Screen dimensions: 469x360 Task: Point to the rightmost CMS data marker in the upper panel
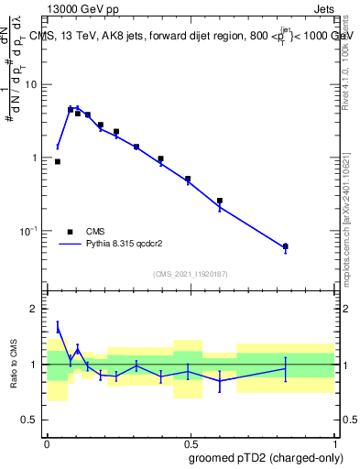pyautogui.click(x=286, y=246)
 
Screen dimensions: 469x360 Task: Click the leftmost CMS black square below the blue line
pyautogui.click(x=58, y=161)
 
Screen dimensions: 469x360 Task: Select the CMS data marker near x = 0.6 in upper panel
pyautogui.click(x=220, y=201)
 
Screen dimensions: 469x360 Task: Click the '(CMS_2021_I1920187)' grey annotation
pyautogui.click(x=190, y=274)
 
